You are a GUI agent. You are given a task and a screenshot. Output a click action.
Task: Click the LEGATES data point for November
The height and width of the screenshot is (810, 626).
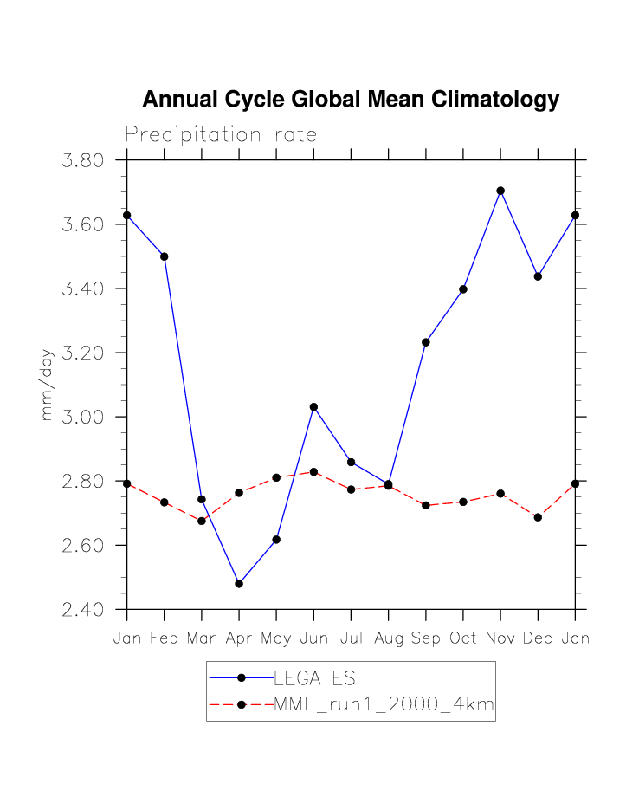(500, 191)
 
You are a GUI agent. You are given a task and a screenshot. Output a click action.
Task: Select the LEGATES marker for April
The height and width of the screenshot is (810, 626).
(239, 584)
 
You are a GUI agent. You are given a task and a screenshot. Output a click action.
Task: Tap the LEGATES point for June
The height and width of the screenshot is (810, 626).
(313, 407)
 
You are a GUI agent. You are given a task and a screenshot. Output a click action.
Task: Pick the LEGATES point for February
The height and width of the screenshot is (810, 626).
(165, 256)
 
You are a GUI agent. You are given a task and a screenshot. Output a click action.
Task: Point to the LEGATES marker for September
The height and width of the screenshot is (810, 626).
(426, 342)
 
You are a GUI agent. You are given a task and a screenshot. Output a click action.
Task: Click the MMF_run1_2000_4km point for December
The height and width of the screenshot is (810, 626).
(538, 517)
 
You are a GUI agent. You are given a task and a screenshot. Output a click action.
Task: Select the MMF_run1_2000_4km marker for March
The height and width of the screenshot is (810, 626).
(202, 521)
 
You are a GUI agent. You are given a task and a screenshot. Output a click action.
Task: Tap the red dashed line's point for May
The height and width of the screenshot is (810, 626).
(276, 477)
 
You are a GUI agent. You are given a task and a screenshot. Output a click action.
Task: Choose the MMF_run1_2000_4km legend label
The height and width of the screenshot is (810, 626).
(384, 705)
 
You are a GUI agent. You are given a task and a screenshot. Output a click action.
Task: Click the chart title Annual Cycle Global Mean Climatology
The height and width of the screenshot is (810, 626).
(351, 100)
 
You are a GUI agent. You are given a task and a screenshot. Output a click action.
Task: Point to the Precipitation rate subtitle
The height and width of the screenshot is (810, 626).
(221, 135)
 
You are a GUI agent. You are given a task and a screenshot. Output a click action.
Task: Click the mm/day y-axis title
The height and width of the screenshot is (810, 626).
(48, 386)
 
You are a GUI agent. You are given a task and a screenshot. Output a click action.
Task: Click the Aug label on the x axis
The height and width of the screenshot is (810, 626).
(388, 638)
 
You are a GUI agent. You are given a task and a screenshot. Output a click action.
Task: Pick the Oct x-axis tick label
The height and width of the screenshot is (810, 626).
(463, 638)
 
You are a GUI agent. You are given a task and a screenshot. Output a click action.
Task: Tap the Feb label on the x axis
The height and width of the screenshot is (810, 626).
(165, 638)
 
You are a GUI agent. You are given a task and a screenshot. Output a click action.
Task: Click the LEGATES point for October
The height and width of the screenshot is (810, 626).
(463, 289)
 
